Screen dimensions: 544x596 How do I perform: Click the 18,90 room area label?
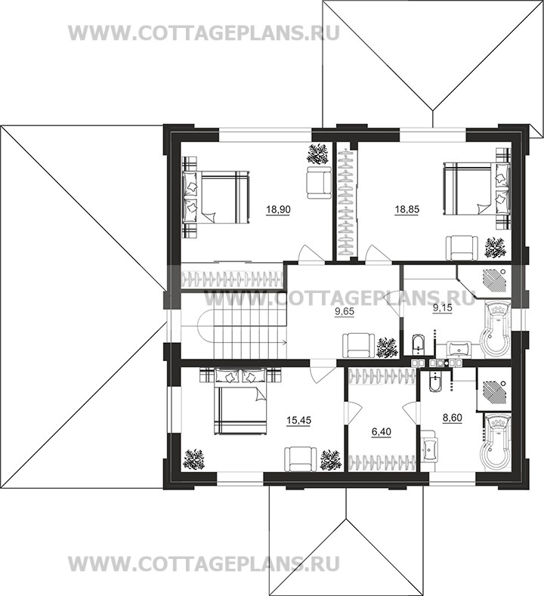click(279, 209)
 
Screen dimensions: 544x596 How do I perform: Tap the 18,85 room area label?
click(406, 209)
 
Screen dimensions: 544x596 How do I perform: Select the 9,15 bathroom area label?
click(443, 308)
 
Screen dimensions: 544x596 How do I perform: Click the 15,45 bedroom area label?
click(298, 420)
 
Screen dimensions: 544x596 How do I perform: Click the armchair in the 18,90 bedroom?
click(319, 182)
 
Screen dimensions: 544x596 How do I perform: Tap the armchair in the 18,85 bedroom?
click(461, 248)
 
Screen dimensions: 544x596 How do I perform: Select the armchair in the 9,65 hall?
click(358, 345)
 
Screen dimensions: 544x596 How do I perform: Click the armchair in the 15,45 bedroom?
click(300, 459)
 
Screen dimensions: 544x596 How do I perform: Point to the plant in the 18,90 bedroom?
click(317, 154)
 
